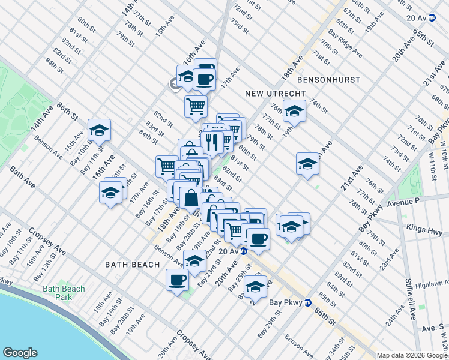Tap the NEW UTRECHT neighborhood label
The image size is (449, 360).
276,94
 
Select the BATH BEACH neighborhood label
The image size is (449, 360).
132,264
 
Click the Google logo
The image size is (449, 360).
20,353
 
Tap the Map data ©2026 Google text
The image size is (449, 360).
412,355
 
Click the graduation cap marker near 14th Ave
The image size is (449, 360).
99,130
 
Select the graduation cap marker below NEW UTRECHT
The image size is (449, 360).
294,111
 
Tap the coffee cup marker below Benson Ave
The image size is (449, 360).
177,280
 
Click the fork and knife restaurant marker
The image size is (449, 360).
212,142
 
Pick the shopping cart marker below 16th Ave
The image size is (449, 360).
196,106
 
